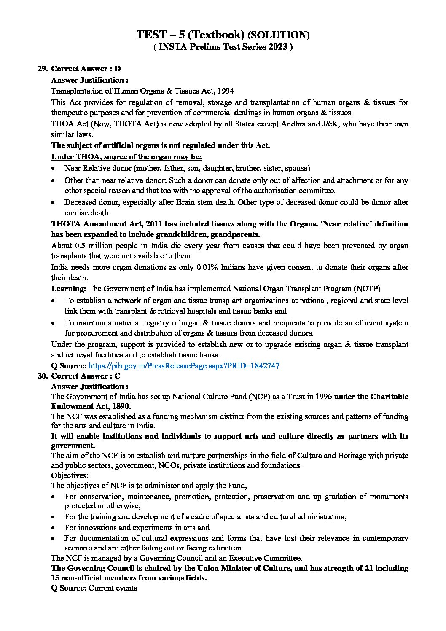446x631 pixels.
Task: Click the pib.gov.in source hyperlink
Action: [184, 366]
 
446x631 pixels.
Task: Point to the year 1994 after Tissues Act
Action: [226, 91]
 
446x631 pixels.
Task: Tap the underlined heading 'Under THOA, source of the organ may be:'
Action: [126, 157]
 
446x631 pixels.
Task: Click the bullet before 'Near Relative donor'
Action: [54, 169]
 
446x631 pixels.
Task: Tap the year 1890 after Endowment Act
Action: [121, 406]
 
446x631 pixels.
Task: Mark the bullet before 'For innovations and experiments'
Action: [54, 528]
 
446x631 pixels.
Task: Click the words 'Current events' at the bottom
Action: [113, 588]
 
